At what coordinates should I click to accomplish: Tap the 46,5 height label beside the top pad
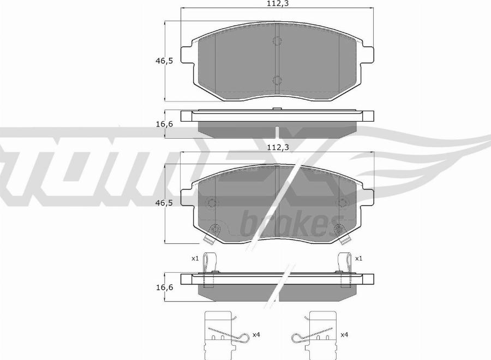pos(163,61)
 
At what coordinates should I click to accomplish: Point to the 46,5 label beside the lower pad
pos(163,203)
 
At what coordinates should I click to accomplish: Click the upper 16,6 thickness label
pos(163,124)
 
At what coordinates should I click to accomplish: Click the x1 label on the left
pos(195,258)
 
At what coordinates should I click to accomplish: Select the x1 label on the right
pos(359,258)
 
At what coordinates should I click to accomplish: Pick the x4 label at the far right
pos(344,334)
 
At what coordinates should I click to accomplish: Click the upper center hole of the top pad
pos(277,41)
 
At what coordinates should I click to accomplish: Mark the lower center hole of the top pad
pos(277,80)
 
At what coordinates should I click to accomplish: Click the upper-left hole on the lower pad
pos(212,203)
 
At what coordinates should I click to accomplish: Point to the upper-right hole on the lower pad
pos(343,203)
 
